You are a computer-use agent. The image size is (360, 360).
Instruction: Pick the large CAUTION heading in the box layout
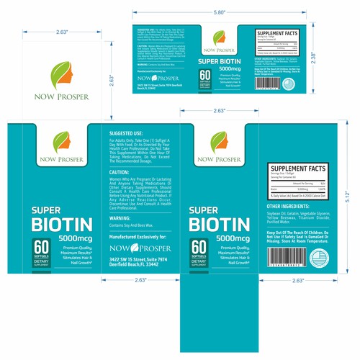119,173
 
